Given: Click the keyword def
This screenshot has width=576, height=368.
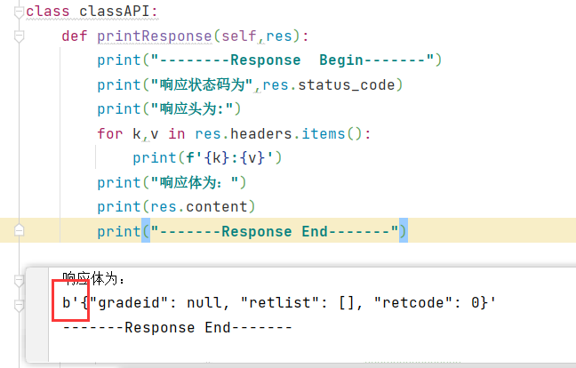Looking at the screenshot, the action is [75, 36].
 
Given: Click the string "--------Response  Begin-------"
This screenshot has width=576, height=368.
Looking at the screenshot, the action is [292, 60].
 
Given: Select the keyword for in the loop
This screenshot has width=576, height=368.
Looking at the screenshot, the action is [110, 134].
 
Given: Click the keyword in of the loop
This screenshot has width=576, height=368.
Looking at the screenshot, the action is [176, 134].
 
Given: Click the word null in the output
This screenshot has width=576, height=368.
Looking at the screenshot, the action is [204, 304].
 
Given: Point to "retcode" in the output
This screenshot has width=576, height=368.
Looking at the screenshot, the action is [412, 304].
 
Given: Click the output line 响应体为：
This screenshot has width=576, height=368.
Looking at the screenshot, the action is [94, 278].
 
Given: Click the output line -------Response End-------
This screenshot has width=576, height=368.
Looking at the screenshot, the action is [177, 328].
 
